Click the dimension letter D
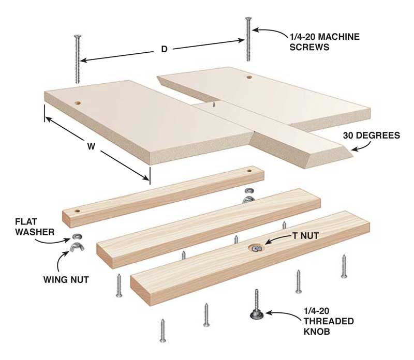click(164, 49)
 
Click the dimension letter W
click(91, 146)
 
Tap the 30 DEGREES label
click(371, 136)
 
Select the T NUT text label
click(305, 235)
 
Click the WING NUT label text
click(66, 279)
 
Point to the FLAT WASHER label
click(35, 227)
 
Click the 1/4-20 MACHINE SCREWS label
click(324, 42)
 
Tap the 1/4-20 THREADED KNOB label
click(329, 321)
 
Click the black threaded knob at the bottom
click(256, 314)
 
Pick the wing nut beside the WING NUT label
click(75, 247)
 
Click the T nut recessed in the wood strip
click(256, 248)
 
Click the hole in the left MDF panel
click(78, 102)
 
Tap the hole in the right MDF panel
click(249, 77)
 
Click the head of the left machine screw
click(78, 36)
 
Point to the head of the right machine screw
click(248, 19)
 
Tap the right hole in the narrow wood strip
click(249, 171)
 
